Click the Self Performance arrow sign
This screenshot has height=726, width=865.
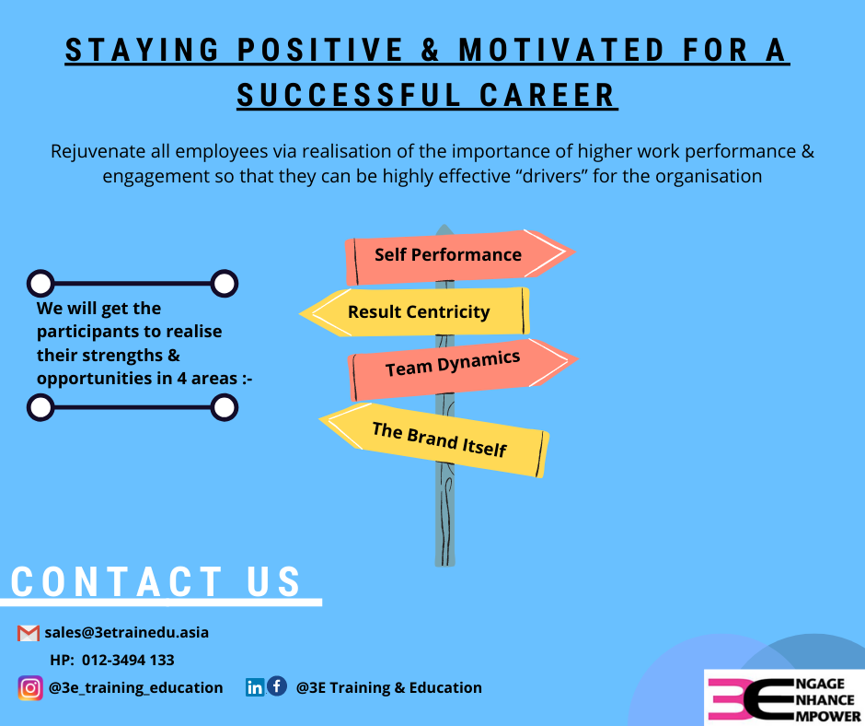click(459, 256)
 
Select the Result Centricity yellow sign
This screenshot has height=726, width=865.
click(415, 312)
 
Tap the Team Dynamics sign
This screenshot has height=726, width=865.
click(462, 369)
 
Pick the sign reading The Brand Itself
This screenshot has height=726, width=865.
click(434, 439)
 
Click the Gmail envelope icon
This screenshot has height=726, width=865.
click(29, 633)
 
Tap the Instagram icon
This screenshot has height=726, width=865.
click(30, 688)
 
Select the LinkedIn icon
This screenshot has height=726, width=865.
click(255, 687)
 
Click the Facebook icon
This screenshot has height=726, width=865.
click(277, 686)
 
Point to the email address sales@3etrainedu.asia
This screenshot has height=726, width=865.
click(127, 633)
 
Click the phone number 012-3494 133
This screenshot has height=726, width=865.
click(128, 661)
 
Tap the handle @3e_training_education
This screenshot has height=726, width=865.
click(135, 688)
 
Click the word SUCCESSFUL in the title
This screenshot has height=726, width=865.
click(349, 96)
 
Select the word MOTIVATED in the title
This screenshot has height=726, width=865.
click(561, 51)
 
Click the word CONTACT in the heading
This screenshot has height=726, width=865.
click(116, 581)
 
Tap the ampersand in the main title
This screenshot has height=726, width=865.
click(430, 51)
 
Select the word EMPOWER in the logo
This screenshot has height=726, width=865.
click(828, 716)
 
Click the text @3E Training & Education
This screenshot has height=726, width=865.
click(389, 688)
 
